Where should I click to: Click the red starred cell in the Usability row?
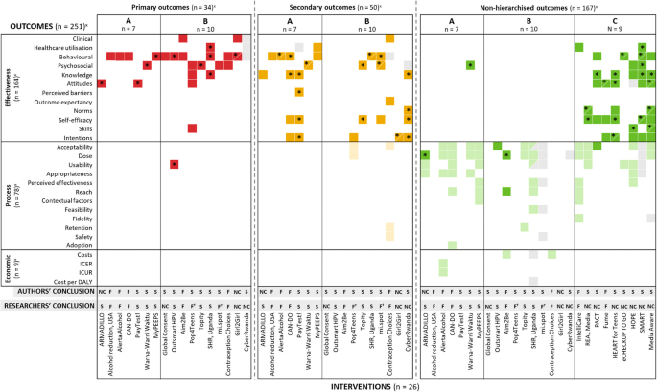(174, 164)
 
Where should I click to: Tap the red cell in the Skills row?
(192, 128)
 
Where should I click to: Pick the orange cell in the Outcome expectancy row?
(390, 101)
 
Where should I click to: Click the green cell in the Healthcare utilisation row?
(578, 47)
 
